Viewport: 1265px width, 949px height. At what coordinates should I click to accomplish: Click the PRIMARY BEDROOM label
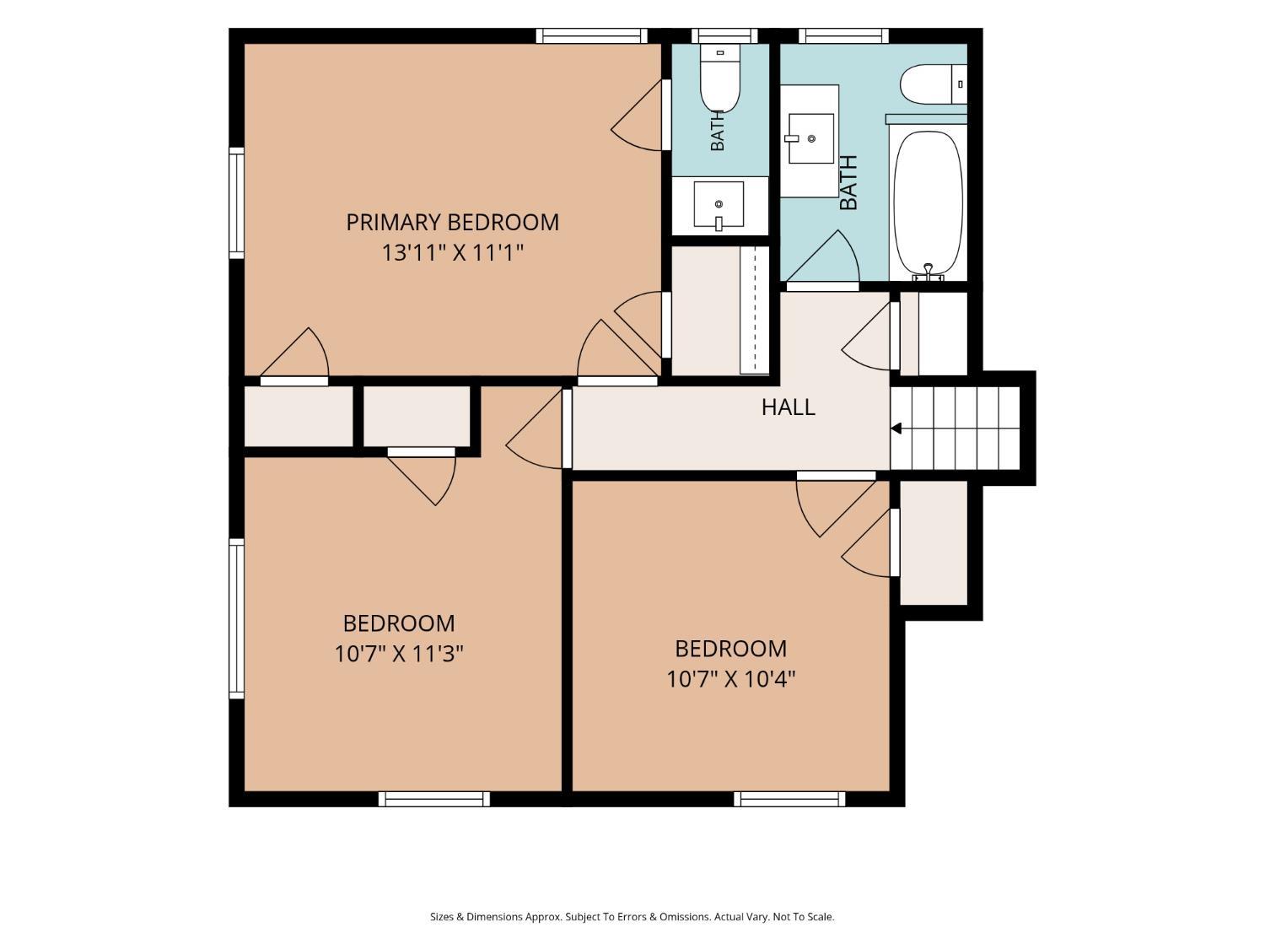pos(452,223)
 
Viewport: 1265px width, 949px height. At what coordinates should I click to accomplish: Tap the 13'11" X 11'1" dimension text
pos(452,253)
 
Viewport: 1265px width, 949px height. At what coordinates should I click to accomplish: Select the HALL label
pos(788,407)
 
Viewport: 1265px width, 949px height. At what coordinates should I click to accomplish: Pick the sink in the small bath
pos(719,204)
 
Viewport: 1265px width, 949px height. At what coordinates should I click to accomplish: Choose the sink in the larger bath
pos(810,138)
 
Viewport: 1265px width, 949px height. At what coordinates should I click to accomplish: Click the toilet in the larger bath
pos(934,84)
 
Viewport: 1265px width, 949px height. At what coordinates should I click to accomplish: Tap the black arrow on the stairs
pos(896,429)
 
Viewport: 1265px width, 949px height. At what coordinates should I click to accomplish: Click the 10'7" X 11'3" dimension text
pos(399,654)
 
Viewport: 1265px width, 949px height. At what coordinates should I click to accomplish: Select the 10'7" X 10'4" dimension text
pos(731,679)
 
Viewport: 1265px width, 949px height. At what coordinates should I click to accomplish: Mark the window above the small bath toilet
pos(724,36)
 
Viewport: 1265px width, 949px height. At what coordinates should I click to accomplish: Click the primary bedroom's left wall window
pos(236,202)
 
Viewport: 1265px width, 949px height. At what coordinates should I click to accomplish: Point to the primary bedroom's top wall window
pos(592,36)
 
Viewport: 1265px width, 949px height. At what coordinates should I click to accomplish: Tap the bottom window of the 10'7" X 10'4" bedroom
pos(789,799)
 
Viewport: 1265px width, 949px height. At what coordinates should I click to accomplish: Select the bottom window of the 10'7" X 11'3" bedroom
pos(434,799)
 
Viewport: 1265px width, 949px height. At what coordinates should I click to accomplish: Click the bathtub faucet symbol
pos(928,272)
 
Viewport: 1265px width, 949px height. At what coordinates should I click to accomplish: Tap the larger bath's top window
pos(843,36)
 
